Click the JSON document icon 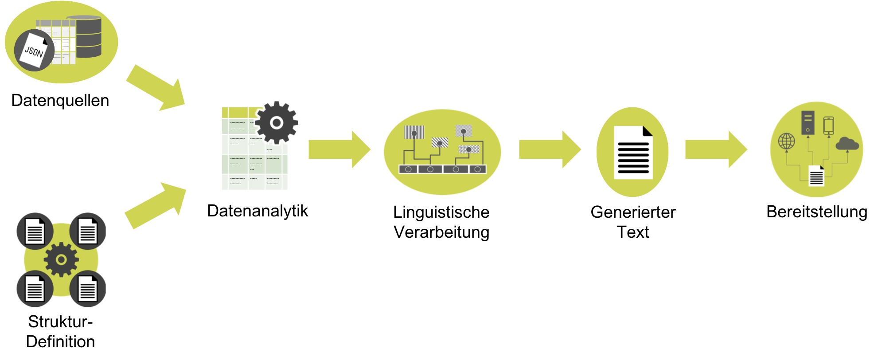pos(34,50)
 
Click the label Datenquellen pos(60,101)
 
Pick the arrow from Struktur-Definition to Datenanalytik pos(156,205)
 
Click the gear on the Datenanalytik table pos(277,123)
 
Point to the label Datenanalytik pos(258,211)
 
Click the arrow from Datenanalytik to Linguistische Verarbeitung pos(339,149)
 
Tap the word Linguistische pos(441,212)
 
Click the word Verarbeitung pos(441,232)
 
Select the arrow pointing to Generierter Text pos(550,149)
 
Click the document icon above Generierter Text pos(633,152)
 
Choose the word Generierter pos(633,212)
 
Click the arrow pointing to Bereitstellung pos(716,149)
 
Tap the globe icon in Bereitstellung pos(787,141)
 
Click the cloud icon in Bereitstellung pos(847,144)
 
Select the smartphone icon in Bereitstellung pos(829,125)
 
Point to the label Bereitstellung pos(817,212)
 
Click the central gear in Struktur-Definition pos(61,260)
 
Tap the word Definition pos(60,342)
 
